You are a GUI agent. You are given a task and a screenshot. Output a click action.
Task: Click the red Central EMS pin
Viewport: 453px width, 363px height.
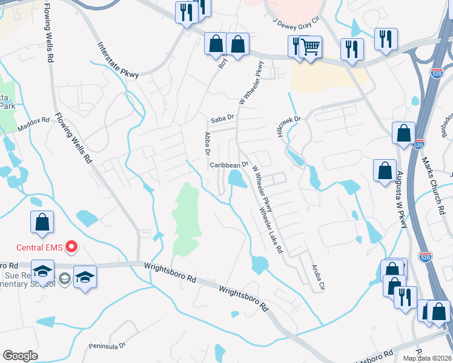click(x=71, y=246)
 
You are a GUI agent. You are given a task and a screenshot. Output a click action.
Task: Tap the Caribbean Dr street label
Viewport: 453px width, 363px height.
click(x=230, y=165)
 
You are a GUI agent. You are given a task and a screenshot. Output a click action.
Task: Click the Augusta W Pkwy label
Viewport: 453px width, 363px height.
click(x=401, y=199)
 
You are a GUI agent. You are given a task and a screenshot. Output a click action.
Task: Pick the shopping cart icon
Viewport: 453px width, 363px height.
click(x=310, y=46)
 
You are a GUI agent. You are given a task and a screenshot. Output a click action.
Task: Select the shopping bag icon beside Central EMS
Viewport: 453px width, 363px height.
click(x=42, y=222)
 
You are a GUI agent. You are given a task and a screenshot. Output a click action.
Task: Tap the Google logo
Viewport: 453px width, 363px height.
click(x=19, y=356)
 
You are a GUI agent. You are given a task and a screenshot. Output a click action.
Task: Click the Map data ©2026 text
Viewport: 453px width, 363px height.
click(x=427, y=358)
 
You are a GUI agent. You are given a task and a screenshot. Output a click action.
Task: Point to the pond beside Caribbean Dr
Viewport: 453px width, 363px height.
click(x=235, y=178)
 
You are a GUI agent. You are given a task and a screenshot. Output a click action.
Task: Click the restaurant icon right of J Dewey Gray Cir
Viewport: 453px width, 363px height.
click(x=385, y=40)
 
